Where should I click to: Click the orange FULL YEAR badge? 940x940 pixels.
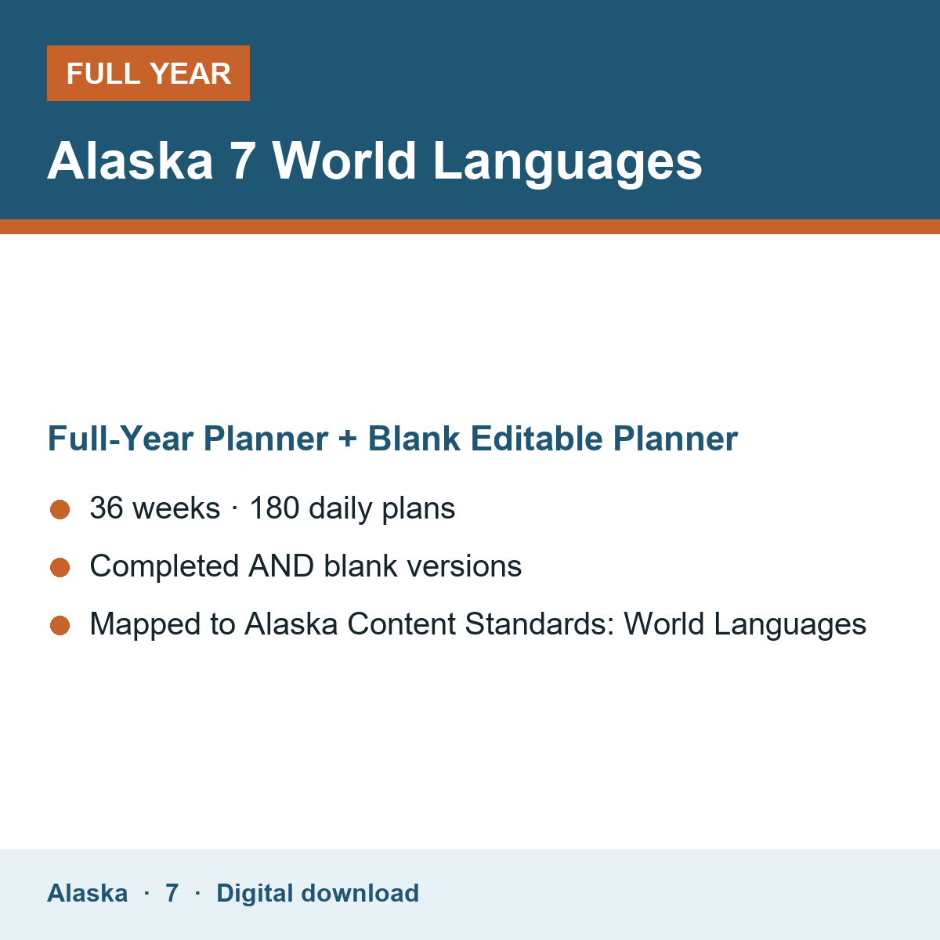pyautogui.click(x=148, y=73)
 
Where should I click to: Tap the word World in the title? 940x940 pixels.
pyautogui.click(x=344, y=161)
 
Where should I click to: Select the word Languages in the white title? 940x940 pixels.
pyautogui.click(x=567, y=164)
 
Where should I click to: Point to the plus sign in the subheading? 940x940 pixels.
pyautogui.click(x=348, y=439)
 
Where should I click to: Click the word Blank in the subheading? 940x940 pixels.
pyautogui.click(x=414, y=439)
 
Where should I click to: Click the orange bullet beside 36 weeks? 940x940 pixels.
pyautogui.click(x=60, y=509)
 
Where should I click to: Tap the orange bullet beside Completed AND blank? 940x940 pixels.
pyautogui.click(x=60, y=567)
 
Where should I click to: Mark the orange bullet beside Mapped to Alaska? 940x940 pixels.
pyautogui.click(x=60, y=625)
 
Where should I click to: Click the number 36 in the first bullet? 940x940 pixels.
pyautogui.click(x=107, y=508)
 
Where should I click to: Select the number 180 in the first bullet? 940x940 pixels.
pyautogui.click(x=275, y=508)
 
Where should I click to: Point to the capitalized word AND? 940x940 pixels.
pyautogui.click(x=281, y=566)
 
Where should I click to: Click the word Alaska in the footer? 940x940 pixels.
pyautogui.click(x=87, y=893)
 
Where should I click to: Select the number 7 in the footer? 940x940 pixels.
pyautogui.click(x=172, y=893)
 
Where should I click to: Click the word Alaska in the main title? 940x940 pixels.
pyautogui.click(x=130, y=161)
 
